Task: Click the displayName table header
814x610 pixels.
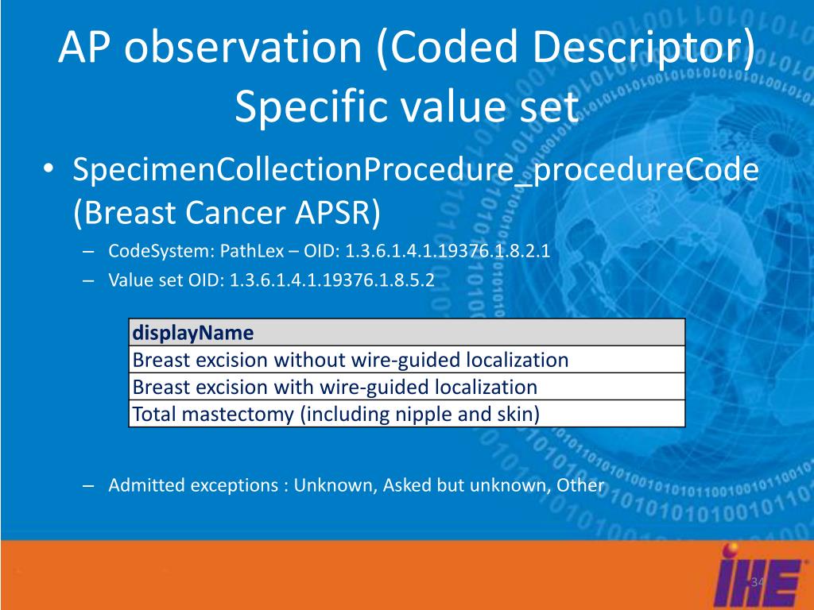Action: pos(407,333)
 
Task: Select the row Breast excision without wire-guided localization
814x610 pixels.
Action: pos(407,360)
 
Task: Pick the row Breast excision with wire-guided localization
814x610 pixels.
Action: pos(407,387)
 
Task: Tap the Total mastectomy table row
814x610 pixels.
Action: pos(407,413)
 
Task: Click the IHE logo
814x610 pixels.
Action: pos(760,576)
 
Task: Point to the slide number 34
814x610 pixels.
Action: pos(758,581)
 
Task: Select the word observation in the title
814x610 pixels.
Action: pos(243,47)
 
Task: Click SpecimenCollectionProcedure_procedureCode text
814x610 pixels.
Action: pos(416,170)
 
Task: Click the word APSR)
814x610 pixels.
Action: pos(338,213)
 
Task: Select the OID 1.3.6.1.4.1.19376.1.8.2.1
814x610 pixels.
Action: pos(448,250)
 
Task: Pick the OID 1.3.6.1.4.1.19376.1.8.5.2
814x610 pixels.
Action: pos(331,280)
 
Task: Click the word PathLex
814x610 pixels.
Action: pos(252,250)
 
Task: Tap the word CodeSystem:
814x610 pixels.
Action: pos(161,251)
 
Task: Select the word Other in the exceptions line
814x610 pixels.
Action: pos(580,485)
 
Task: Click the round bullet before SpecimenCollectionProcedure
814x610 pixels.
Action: pos(48,169)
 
